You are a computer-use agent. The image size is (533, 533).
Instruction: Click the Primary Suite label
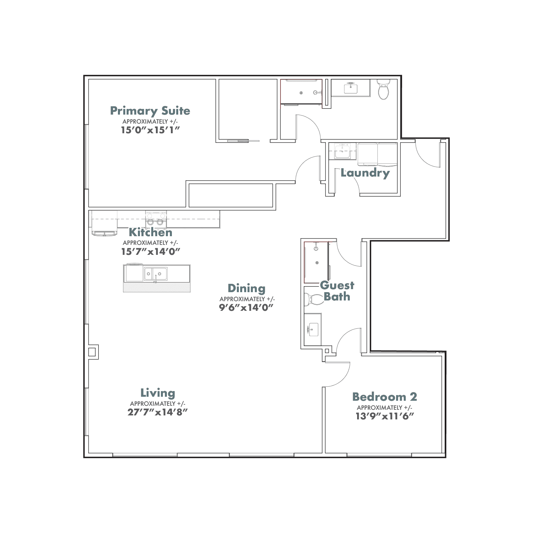click(150, 111)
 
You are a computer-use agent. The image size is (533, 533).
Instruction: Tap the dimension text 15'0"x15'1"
click(150, 130)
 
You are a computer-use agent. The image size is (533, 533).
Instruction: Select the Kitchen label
click(151, 232)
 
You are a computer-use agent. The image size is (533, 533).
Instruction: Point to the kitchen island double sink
click(156, 274)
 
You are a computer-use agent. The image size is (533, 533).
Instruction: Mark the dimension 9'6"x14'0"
click(246, 307)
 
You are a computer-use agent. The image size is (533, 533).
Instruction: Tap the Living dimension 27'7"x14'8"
click(158, 412)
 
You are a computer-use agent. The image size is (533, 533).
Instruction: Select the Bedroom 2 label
click(384, 397)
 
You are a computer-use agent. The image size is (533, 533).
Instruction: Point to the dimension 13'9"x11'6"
click(385, 416)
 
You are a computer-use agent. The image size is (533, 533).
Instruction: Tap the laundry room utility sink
click(342, 152)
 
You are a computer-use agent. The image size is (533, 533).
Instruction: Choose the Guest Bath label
click(337, 291)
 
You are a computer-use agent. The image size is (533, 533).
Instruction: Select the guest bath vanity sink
click(313, 329)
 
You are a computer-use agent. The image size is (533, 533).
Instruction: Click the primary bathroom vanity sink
click(350, 88)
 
